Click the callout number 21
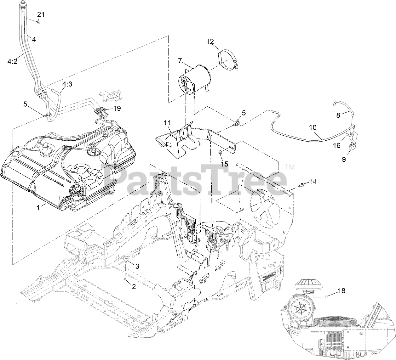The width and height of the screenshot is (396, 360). (41, 14)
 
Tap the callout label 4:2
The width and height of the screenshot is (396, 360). (13, 62)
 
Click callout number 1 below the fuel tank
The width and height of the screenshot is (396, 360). (38, 208)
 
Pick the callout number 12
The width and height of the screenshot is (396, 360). (210, 41)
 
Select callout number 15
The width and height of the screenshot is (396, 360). (224, 164)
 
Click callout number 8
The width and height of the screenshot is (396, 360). (338, 115)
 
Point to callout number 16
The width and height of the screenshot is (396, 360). (337, 145)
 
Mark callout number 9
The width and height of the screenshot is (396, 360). (344, 160)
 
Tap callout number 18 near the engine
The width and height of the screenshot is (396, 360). (341, 291)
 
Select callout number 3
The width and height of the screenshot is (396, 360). (137, 266)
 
